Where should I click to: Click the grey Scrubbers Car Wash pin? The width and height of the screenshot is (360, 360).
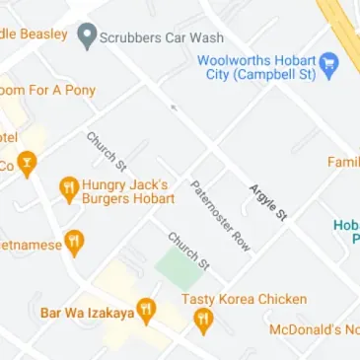tap(87, 36)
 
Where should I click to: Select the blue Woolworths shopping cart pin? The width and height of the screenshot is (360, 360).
tap(331, 65)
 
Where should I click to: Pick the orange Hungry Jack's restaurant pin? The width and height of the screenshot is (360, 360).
tap(69, 188)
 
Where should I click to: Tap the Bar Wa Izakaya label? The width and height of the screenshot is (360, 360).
tap(86, 314)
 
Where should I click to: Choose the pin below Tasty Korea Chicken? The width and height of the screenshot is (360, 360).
tap(203, 321)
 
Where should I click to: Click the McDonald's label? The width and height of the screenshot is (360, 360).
tap(315, 329)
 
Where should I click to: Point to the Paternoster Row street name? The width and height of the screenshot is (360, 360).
tap(221, 214)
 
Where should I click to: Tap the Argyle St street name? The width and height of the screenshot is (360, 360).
tap(267, 201)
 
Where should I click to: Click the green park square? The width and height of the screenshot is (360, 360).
tap(178, 264)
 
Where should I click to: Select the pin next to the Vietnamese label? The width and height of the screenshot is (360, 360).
tap(75, 243)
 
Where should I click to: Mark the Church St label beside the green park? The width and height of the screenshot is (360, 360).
tap(187, 251)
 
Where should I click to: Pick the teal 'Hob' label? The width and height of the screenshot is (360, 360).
tap(346, 232)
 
